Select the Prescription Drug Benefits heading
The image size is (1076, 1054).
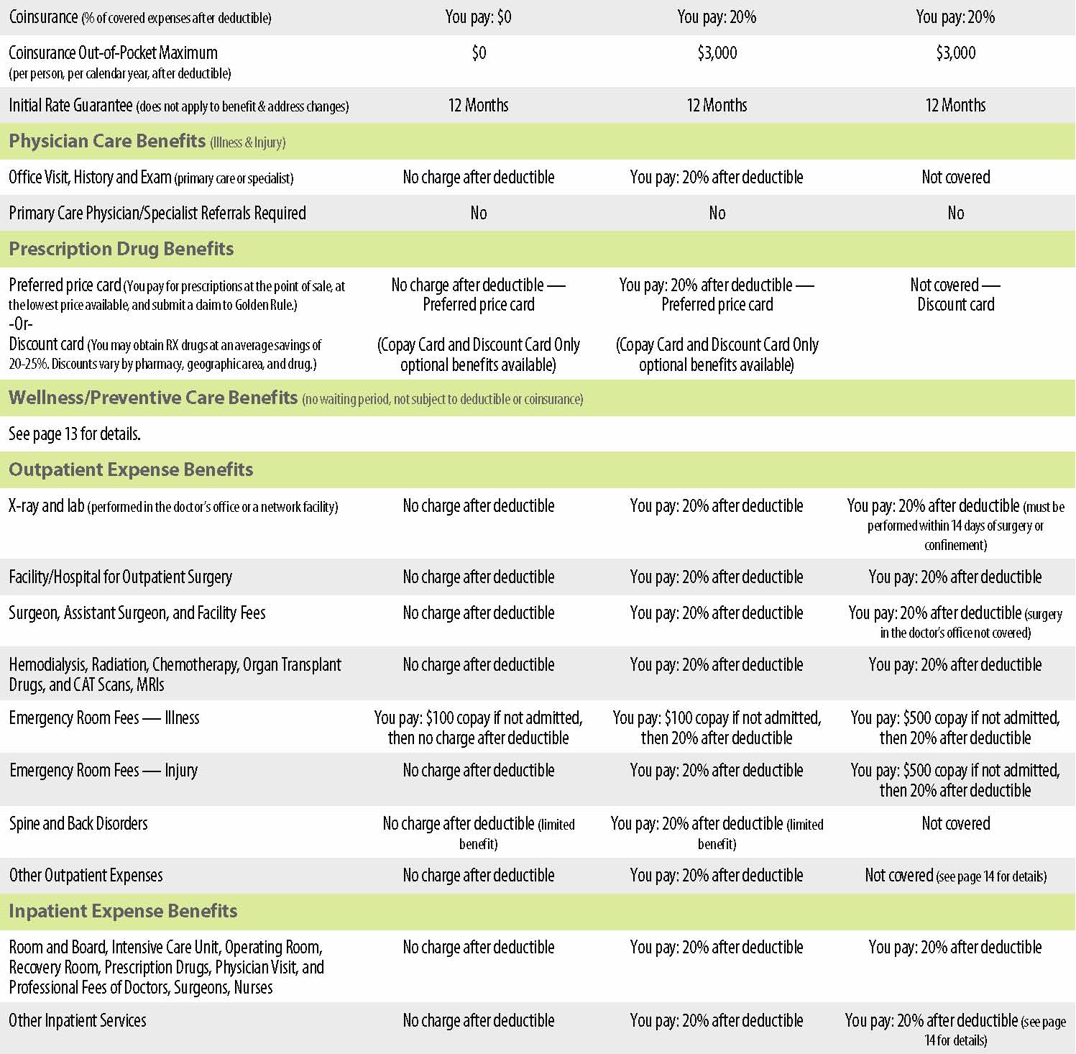[121, 249]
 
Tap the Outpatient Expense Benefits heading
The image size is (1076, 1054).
[131, 469]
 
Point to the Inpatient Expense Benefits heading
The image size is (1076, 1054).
[123, 911]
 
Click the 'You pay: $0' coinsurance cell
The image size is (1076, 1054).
[478, 17]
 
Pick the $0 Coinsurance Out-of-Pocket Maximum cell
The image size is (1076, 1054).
[478, 52]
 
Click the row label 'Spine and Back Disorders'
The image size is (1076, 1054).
[78, 823]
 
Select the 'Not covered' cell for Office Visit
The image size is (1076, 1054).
[955, 177]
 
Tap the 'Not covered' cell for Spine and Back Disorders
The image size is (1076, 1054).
[955, 823]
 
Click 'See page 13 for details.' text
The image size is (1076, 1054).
[75, 434]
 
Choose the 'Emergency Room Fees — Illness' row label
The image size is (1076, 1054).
[104, 718]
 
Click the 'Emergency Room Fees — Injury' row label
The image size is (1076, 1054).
[104, 770]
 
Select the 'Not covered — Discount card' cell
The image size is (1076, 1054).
[955, 295]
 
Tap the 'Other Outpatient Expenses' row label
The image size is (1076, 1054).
[86, 875]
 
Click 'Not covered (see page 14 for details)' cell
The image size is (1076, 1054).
[955, 875]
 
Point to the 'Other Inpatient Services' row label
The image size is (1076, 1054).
[78, 1020]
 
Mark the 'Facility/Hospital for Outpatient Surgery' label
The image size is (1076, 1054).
[120, 577]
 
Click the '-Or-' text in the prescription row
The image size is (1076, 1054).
[21, 324]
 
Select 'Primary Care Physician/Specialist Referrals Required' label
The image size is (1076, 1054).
[157, 213]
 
